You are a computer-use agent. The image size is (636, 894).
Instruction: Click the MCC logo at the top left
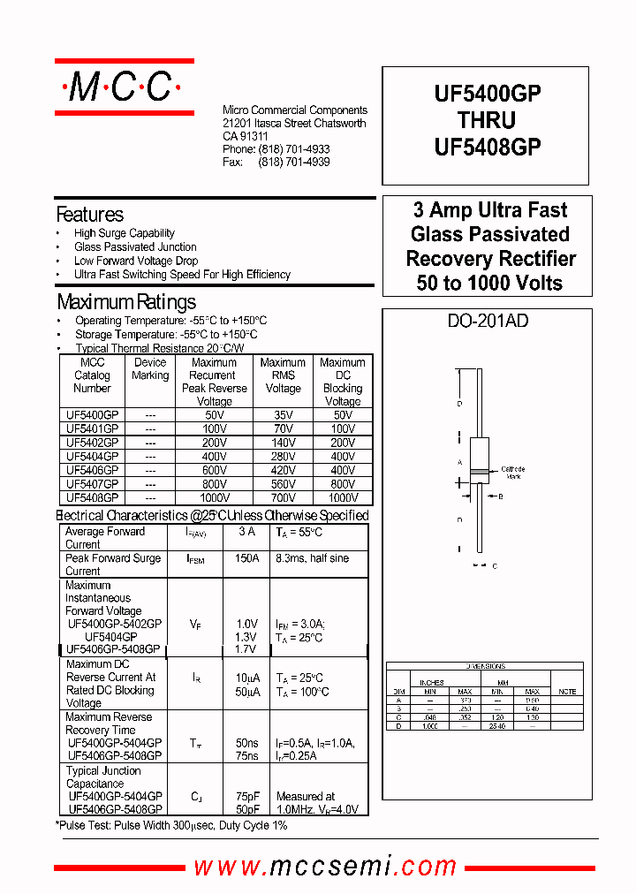pyautogui.click(x=124, y=87)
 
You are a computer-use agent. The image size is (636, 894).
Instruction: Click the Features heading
pyautogui.click(x=89, y=215)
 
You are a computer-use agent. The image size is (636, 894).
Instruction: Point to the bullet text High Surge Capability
pyautogui.click(x=125, y=233)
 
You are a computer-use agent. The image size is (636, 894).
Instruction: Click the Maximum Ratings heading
pyautogui.click(x=126, y=302)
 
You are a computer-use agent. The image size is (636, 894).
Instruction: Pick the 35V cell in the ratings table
pyautogui.click(x=283, y=414)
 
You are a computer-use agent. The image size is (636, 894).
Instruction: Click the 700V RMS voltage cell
pyautogui.click(x=283, y=497)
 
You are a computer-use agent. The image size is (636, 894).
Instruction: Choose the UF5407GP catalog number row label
pyautogui.click(x=92, y=484)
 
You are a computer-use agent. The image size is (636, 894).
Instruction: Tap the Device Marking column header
pyautogui.click(x=150, y=368)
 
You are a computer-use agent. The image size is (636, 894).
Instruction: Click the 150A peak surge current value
pyautogui.click(x=247, y=558)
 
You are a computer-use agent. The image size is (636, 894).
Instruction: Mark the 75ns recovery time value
pyautogui.click(x=246, y=756)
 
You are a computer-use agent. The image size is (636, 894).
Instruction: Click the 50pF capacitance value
pyautogui.click(x=246, y=809)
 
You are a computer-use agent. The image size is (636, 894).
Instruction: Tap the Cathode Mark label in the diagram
pyautogui.click(x=512, y=473)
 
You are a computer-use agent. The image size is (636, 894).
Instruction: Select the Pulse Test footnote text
pyautogui.click(x=171, y=825)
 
